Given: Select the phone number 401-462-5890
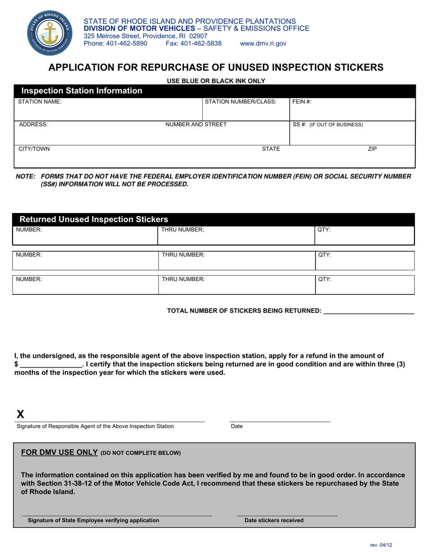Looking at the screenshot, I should [x=116, y=44].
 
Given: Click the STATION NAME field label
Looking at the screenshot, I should [x=40, y=102].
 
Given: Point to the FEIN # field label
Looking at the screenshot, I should [x=302, y=102].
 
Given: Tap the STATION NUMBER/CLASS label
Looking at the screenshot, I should [x=240, y=102].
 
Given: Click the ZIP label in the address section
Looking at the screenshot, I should [x=372, y=149].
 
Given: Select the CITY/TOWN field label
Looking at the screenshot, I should [x=34, y=149].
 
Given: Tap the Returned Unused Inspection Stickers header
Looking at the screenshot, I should [x=94, y=220].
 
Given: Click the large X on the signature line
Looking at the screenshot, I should [x=20, y=415].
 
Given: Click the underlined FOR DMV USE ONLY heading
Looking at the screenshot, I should [x=60, y=452].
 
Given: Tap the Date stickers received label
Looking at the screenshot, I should [x=274, y=520].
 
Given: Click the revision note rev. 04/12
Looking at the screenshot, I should [x=381, y=545].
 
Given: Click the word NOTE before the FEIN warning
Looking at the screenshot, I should [x=25, y=177].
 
